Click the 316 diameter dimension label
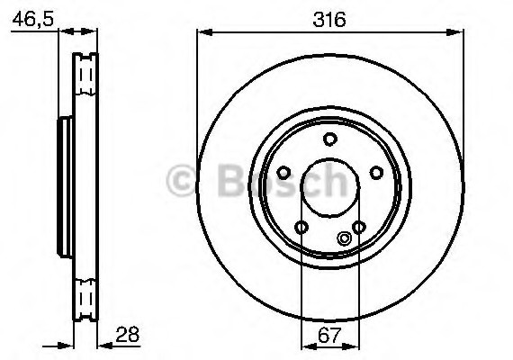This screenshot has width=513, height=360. [x=329, y=18]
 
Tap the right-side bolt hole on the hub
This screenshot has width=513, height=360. [x=377, y=172]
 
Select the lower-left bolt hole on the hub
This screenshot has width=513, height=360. [x=301, y=227]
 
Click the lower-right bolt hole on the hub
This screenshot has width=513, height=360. [x=359, y=227]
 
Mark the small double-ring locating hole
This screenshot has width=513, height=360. [x=343, y=238]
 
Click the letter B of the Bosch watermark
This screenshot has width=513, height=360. [x=229, y=184]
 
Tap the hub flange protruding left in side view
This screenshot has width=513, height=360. [x=63, y=184]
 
